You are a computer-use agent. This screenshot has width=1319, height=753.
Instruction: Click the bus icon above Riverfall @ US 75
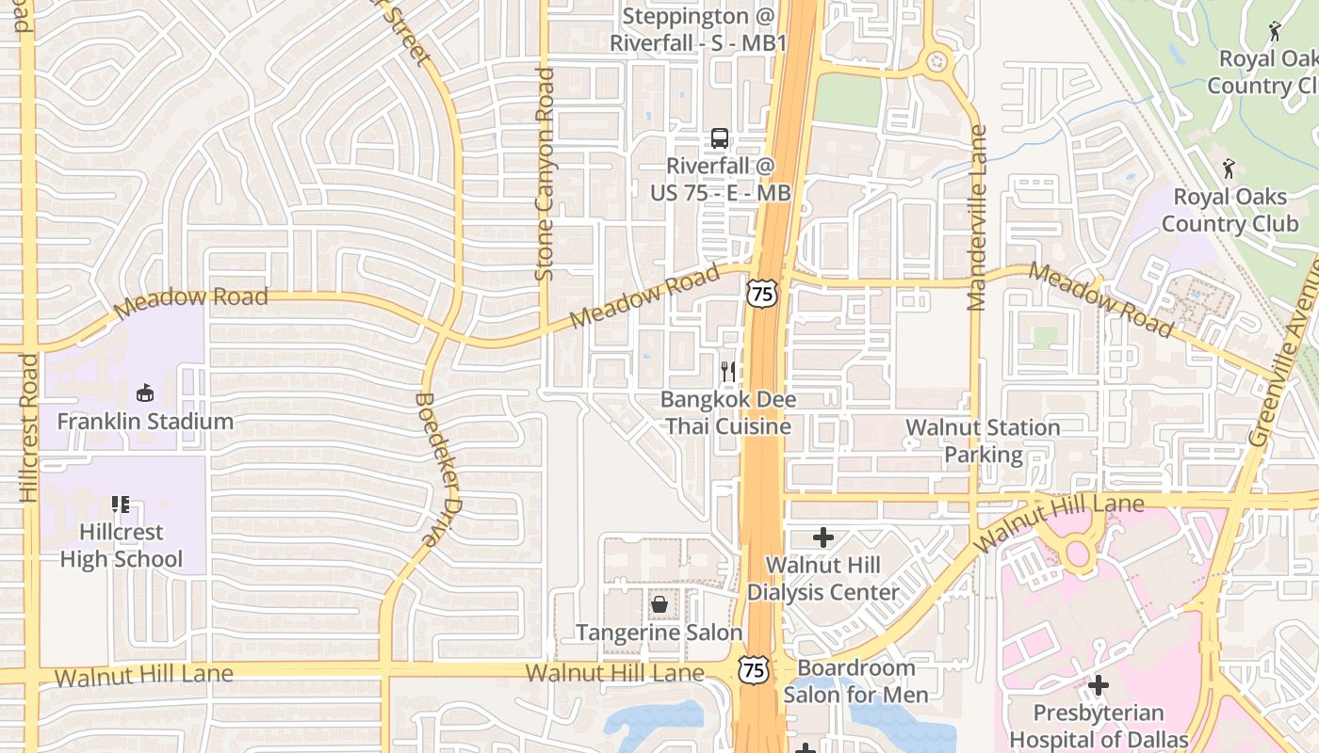[720, 138]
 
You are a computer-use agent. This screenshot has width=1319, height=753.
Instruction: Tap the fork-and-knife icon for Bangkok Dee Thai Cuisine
[727, 372]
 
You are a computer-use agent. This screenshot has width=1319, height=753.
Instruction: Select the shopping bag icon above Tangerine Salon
[659, 604]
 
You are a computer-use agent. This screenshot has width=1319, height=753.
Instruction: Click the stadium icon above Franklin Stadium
[145, 393]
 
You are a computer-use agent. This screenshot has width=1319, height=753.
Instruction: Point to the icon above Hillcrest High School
[120, 505]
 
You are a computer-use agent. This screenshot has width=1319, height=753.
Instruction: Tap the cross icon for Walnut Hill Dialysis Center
[823, 537]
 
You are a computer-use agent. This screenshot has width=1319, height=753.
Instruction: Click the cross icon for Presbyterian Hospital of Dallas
[1099, 685]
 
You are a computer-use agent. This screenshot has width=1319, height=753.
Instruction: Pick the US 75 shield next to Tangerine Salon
[753, 669]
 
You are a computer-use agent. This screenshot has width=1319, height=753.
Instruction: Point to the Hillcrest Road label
[28, 427]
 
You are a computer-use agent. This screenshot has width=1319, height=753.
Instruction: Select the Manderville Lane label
[977, 217]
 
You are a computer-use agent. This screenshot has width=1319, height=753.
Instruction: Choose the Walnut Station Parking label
[983, 441]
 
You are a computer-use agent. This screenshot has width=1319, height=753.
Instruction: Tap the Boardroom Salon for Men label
[855, 681]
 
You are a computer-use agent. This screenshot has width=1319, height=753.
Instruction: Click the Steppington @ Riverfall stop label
[698, 29]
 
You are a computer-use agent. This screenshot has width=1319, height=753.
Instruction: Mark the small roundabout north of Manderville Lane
[936, 62]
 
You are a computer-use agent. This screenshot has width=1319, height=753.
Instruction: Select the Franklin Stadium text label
[145, 421]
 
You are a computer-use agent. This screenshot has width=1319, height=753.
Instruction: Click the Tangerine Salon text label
[659, 633]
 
